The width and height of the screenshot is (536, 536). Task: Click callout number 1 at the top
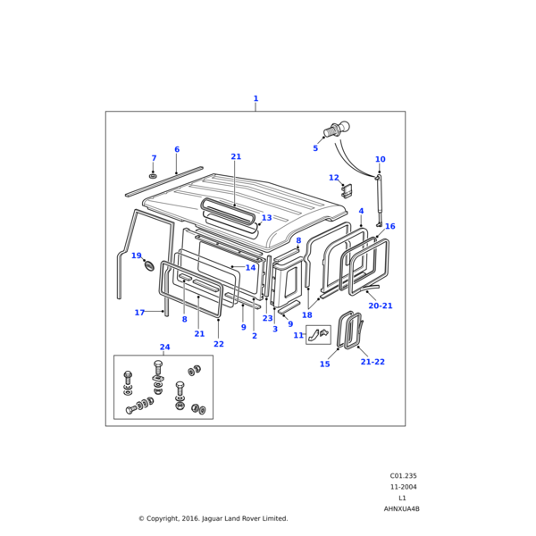click(x=255, y=99)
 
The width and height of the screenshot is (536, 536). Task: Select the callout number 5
click(x=315, y=148)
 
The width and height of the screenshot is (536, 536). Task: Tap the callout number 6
click(x=177, y=150)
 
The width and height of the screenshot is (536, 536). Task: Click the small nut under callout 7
click(x=153, y=175)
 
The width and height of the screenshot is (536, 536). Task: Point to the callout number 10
click(x=380, y=160)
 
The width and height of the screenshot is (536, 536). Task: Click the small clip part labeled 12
click(x=348, y=189)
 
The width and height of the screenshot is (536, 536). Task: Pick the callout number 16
click(x=389, y=226)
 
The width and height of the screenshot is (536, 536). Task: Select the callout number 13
click(x=266, y=218)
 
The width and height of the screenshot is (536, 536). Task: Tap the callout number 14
click(x=250, y=268)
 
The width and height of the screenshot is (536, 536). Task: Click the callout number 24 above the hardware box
click(x=164, y=348)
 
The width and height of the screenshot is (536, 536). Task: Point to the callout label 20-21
click(x=380, y=306)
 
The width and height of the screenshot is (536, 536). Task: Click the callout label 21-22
click(x=373, y=362)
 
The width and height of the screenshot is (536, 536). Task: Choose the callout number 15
click(x=324, y=364)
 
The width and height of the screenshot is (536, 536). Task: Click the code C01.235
click(x=403, y=476)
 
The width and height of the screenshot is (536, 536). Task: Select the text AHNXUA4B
click(x=401, y=508)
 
